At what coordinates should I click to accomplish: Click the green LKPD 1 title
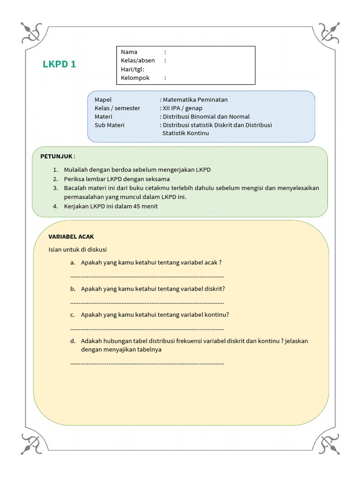click(x=59, y=65)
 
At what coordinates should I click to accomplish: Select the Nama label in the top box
click(x=129, y=52)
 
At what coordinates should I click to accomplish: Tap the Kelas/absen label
click(x=137, y=60)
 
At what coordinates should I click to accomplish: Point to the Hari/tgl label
click(x=133, y=69)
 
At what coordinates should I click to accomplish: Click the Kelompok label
click(x=135, y=78)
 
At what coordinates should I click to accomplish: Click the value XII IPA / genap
click(x=182, y=108)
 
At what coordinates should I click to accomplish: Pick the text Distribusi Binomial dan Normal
click(x=206, y=117)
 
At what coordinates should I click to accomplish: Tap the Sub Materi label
click(x=110, y=125)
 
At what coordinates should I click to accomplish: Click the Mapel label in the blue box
click(x=103, y=100)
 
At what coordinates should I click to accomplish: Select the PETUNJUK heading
click(x=57, y=156)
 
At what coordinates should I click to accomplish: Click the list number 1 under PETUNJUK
click(x=55, y=170)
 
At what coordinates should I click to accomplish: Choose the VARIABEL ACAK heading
click(x=71, y=237)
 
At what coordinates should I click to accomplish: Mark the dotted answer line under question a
click(x=147, y=276)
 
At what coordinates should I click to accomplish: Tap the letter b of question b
click(x=73, y=289)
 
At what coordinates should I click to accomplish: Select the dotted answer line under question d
click(x=147, y=363)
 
